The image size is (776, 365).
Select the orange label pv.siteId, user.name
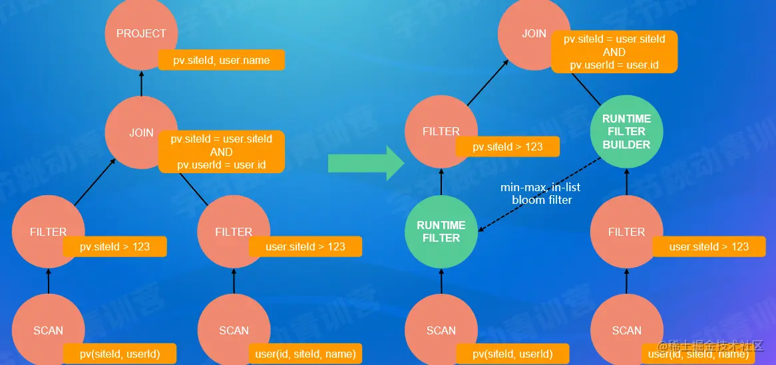pyautogui.click(x=222, y=60)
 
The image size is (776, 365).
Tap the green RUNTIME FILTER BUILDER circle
pyautogui.click(x=626, y=131)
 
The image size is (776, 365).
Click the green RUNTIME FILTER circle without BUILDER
pyautogui.click(x=441, y=231)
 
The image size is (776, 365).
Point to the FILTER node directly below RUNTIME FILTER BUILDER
pyautogui.click(x=626, y=232)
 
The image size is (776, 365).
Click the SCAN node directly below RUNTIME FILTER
pyautogui.click(x=441, y=330)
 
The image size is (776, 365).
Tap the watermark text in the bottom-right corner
pyautogui.click(x=710, y=346)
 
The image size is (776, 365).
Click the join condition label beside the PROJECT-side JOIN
pyautogui.click(x=222, y=152)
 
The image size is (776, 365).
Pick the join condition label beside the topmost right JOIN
pyautogui.click(x=614, y=51)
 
